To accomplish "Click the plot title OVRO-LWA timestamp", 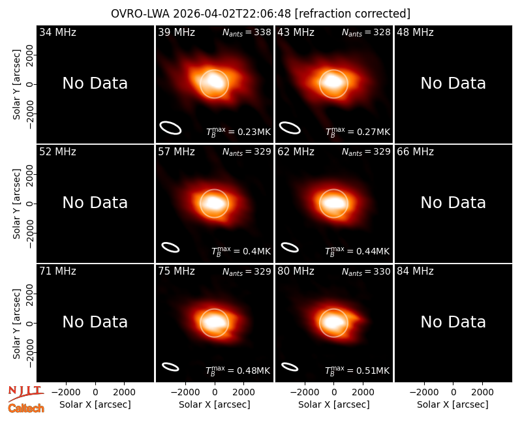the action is pos(260,14).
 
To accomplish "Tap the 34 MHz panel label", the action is pos(57,32).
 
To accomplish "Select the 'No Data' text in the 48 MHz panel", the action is pos(453,83).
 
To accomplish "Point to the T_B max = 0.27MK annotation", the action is pos(358,132).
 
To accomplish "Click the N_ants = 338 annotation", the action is pos(247,32).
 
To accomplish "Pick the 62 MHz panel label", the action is pos(296,152).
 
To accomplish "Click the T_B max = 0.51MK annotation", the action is pos(357,371).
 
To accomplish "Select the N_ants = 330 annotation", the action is pos(366,271).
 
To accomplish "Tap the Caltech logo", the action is pos(26,408).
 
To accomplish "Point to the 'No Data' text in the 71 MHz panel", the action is pos(95,322).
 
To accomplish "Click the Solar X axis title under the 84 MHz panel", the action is pos(453,404).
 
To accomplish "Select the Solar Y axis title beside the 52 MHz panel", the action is pos(16,204).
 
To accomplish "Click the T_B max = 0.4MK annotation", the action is pos(241,251).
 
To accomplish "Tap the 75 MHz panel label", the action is pos(176,271).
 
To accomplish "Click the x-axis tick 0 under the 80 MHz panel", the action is pos(334,392).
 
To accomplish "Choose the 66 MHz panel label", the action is pos(415,152).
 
